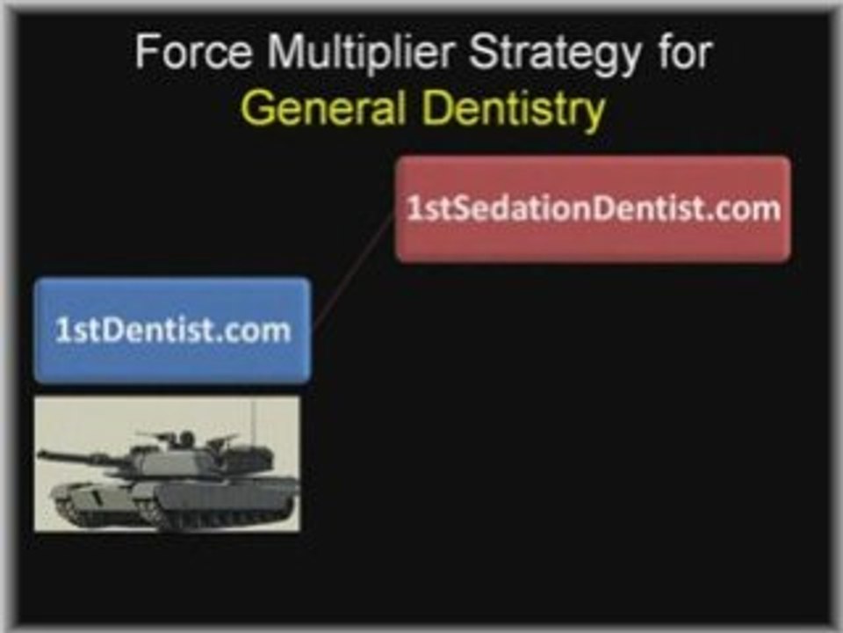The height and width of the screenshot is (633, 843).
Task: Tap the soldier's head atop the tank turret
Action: (x=186, y=437)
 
